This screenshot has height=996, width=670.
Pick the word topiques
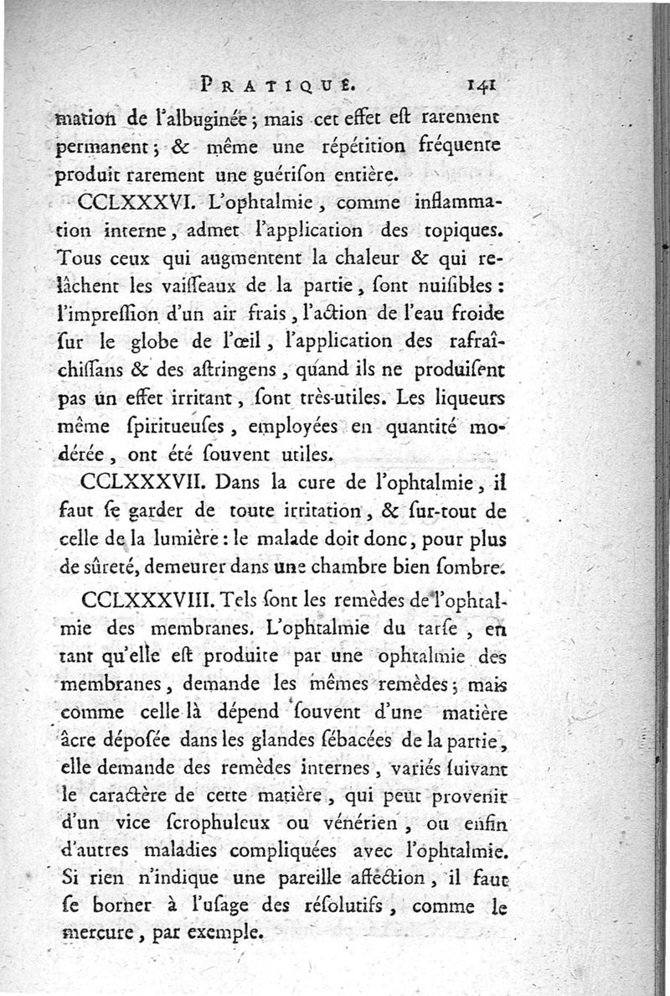(x=463, y=229)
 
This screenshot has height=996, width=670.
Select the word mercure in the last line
(x=91, y=932)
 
